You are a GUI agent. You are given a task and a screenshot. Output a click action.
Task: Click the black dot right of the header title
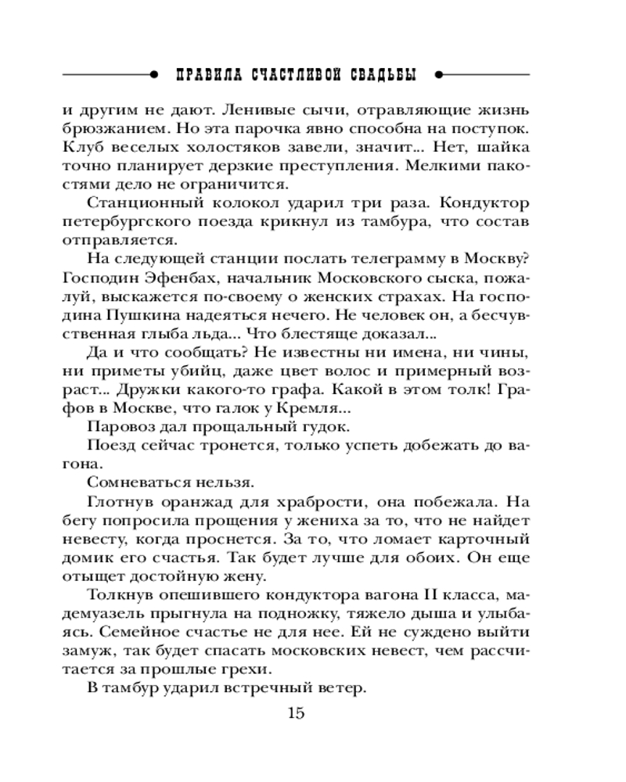[x=439, y=75]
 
